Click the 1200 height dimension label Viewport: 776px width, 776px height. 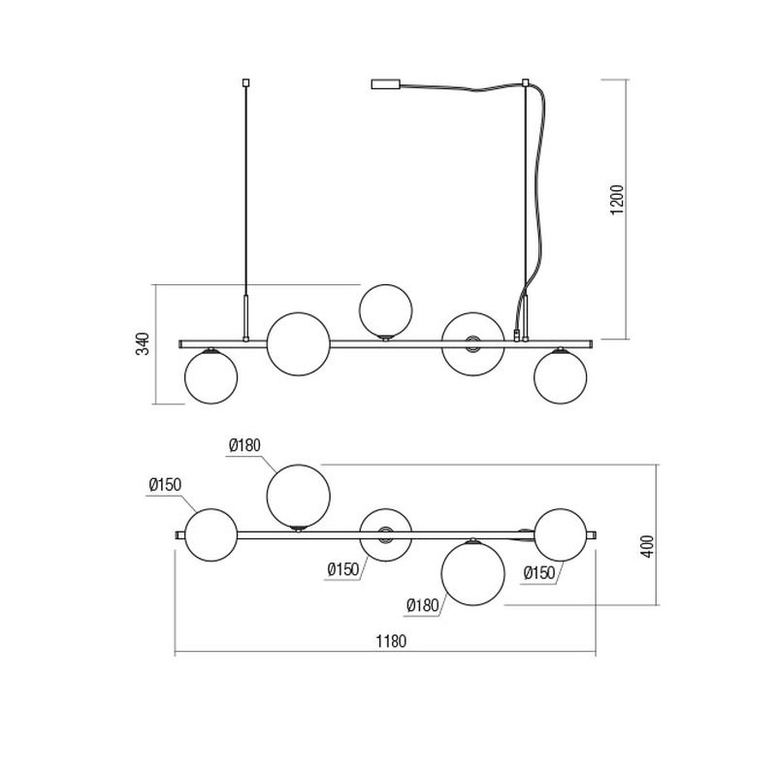[x=617, y=200]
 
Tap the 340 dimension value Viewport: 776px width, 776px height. [x=143, y=343]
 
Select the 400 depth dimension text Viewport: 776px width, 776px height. [x=647, y=546]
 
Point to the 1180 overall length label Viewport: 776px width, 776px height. [x=391, y=641]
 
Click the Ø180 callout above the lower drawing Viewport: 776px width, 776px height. [x=244, y=445]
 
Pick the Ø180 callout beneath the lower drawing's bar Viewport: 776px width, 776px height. [x=423, y=604]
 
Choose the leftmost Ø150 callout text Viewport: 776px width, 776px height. [x=165, y=484]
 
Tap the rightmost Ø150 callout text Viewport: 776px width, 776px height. [x=539, y=573]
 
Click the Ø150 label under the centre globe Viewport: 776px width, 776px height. [x=343, y=569]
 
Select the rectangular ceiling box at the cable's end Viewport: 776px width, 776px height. [x=385, y=84]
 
